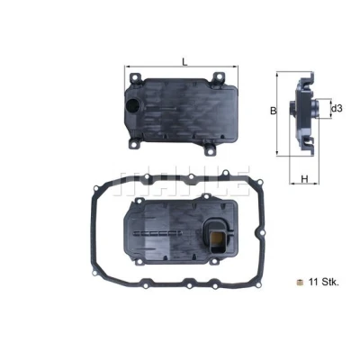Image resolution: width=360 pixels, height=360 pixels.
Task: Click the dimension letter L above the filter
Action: pyautogui.click(x=185, y=62)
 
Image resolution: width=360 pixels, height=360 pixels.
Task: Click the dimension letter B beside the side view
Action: pyautogui.click(x=273, y=111)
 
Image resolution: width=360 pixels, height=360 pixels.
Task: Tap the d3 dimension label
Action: pyautogui.click(x=337, y=109)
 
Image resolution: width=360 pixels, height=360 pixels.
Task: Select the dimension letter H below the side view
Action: pyautogui.click(x=304, y=179)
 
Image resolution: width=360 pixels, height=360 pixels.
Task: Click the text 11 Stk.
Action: pyautogui.click(x=324, y=283)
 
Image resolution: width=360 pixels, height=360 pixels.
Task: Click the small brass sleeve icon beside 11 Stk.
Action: pyautogui.click(x=299, y=282)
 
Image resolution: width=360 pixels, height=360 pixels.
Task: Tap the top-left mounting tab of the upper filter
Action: pyautogui.click(x=135, y=77)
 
